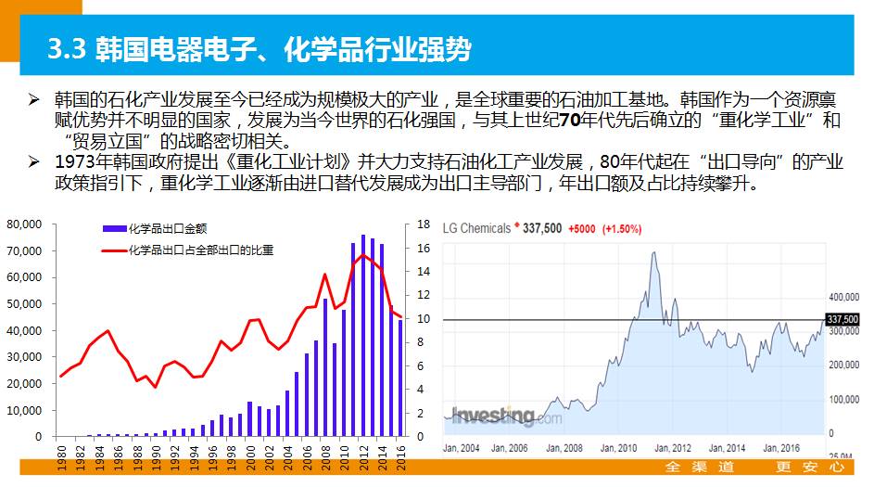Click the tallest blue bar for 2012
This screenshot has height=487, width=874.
click(362, 335)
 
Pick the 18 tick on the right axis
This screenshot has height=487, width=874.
click(423, 224)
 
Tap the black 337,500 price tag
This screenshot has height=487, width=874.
click(842, 319)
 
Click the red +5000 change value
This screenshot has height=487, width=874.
click(582, 228)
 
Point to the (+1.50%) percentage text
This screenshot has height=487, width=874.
click(622, 228)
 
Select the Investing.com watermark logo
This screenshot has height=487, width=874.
click(505, 417)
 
